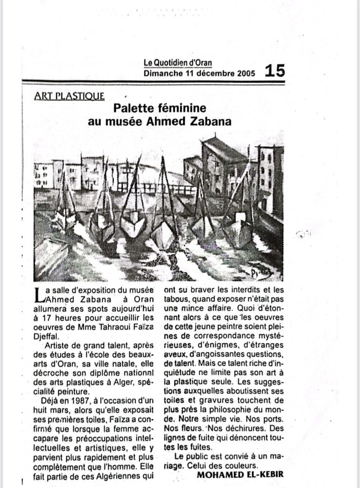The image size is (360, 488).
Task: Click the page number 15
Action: [275, 72]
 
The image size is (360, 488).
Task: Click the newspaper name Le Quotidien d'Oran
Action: [178, 63]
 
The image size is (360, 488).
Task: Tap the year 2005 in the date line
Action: [246, 73]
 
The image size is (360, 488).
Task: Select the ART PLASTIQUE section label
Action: [70, 96]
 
